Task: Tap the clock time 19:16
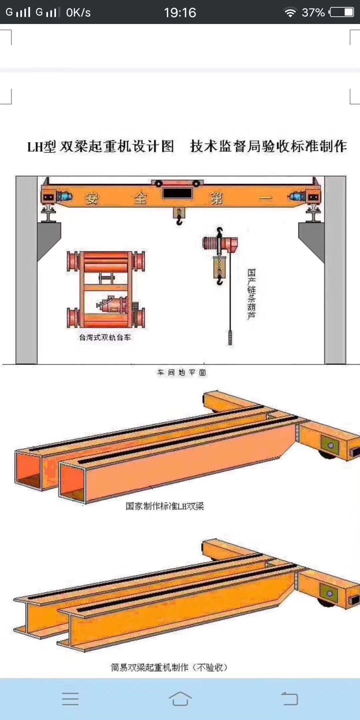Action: pyautogui.click(x=180, y=13)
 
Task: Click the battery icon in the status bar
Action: pyautogui.click(x=342, y=12)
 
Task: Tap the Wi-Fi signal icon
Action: pyautogui.click(x=290, y=13)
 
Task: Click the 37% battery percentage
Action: pyautogui.click(x=313, y=13)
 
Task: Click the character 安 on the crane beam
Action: pyautogui.click(x=92, y=199)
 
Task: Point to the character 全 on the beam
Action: pyautogui.click(x=140, y=199)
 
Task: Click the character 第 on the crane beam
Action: pyautogui.click(x=216, y=199)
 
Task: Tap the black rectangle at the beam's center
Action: pyautogui.click(x=177, y=193)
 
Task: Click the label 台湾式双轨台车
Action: pyautogui.click(x=105, y=337)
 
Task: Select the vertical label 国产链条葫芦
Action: pyautogui.click(x=251, y=294)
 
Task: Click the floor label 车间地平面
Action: pyautogui.click(x=182, y=372)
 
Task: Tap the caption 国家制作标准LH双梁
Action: pyautogui.click(x=165, y=506)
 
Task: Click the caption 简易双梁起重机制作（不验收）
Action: pyautogui.click(x=169, y=667)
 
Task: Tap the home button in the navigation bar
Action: pyautogui.click(x=180, y=699)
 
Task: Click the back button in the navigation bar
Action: pyautogui.click(x=289, y=699)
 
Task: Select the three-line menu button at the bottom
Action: pyautogui.click(x=70, y=699)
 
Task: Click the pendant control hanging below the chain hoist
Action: pyautogui.click(x=230, y=337)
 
